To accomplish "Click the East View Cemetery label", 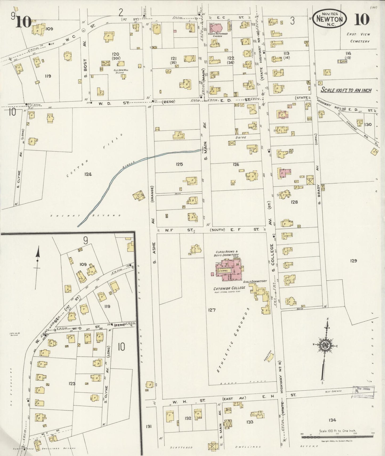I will coord(358,38).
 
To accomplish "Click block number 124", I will coord(88,174).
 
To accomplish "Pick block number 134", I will coord(332,420).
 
